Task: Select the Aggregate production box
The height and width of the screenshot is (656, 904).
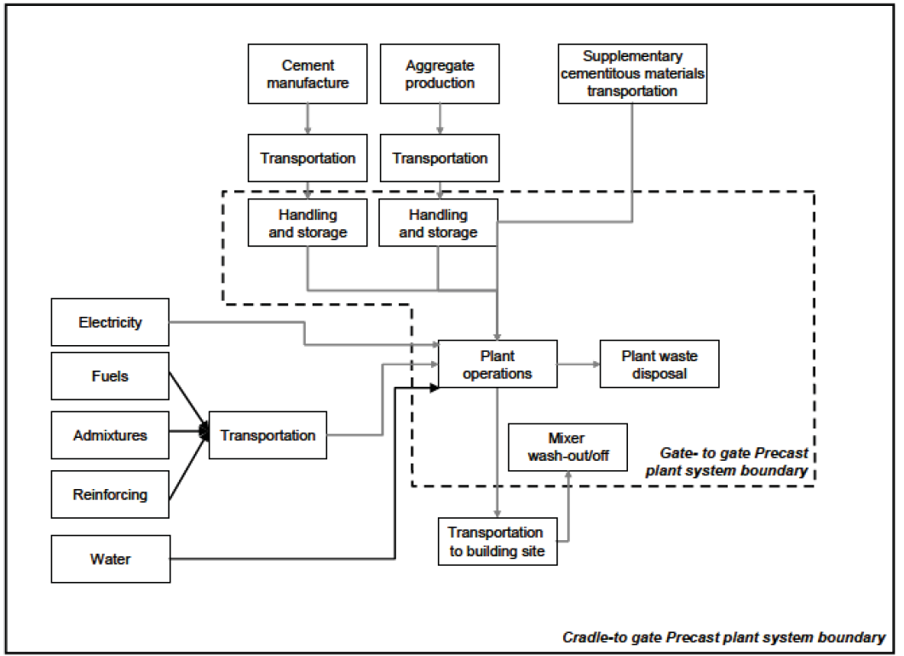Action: click(440, 74)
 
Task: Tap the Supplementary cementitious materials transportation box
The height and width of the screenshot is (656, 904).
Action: click(632, 74)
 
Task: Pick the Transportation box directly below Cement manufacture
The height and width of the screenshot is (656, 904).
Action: click(307, 158)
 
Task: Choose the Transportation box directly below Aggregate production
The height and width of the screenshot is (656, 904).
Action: click(440, 158)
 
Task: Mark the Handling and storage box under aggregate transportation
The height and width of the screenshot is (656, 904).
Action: click(438, 223)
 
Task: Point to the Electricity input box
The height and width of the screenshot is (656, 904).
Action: click(110, 323)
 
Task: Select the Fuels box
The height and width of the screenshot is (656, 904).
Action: click(110, 376)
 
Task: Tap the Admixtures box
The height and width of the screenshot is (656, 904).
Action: click(110, 435)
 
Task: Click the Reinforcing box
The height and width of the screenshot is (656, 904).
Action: click(110, 494)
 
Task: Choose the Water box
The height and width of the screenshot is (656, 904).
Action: click(110, 560)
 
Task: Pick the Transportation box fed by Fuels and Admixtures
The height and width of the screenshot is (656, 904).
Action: click(268, 435)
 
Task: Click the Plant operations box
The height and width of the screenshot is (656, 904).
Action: click(498, 364)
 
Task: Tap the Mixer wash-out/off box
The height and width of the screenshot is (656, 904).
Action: click(567, 447)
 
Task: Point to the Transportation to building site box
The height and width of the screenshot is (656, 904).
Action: click(496, 541)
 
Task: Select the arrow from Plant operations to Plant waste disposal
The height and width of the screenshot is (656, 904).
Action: click(579, 364)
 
